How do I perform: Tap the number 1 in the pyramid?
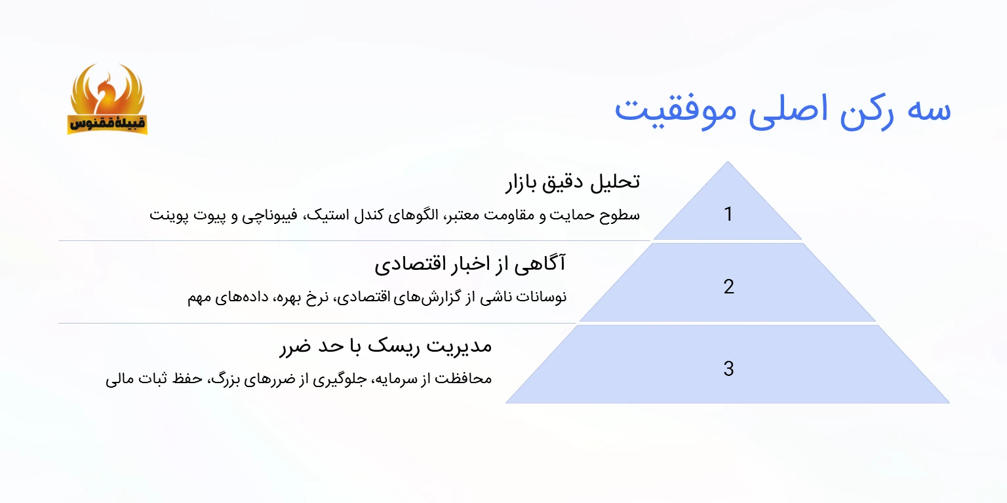[728, 214]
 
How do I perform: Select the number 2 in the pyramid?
[728, 286]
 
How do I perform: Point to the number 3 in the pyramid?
[728, 369]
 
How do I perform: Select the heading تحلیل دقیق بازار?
[572, 181]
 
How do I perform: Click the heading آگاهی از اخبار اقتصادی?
[470, 264]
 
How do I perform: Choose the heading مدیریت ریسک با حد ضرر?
[385, 345]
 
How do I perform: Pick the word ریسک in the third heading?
[389, 345]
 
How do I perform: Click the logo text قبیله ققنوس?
[107, 123]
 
